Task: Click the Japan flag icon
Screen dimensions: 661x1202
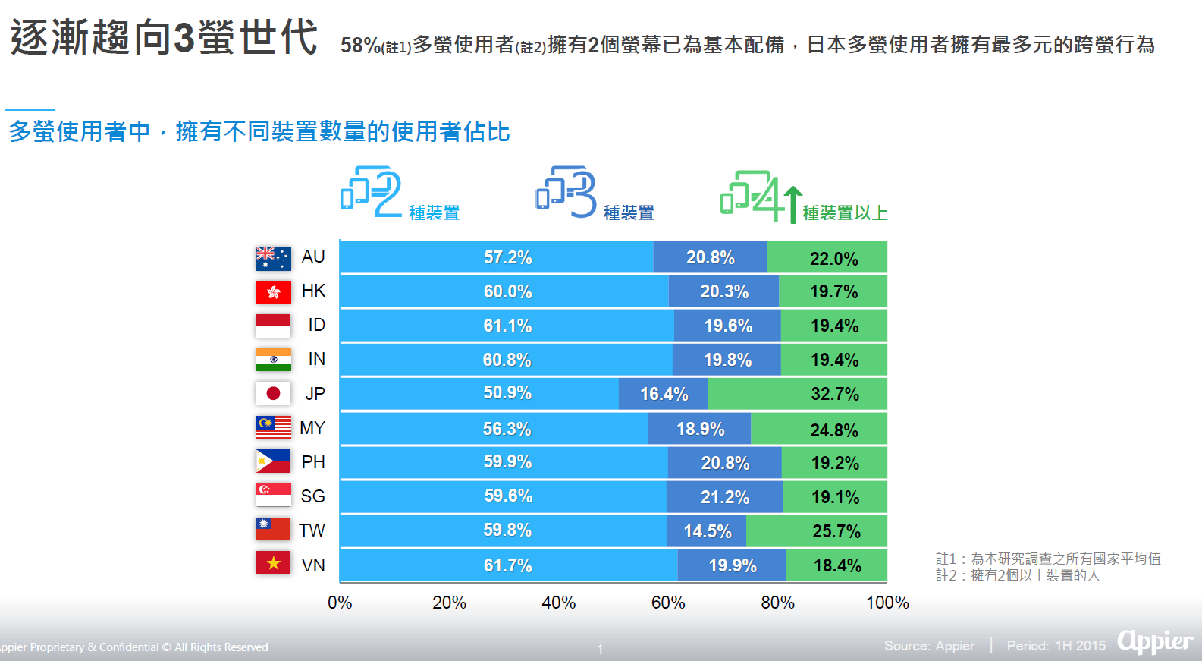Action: point(273,393)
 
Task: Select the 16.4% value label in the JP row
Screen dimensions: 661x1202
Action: point(664,394)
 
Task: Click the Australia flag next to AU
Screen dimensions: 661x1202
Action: point(273,258)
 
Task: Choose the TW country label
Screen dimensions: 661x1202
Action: point(312,530)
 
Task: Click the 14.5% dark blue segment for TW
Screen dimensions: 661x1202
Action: point(707,531)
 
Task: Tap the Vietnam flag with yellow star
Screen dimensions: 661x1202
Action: point(273,563)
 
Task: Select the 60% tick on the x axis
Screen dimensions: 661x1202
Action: point(668,603)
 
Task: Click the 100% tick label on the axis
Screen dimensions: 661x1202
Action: point(887,603)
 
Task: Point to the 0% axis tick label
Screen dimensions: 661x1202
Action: point(340,603)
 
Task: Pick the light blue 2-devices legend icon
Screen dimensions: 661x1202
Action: point(371,191)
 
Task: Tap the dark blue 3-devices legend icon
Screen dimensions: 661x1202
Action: point(566,191)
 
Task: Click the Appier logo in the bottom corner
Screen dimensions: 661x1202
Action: point(1155,642)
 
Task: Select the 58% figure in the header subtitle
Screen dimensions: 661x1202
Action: point(361,46)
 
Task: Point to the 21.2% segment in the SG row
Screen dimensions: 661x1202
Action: point(724,497)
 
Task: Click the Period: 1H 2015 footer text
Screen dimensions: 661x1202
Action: point(1056,646)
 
